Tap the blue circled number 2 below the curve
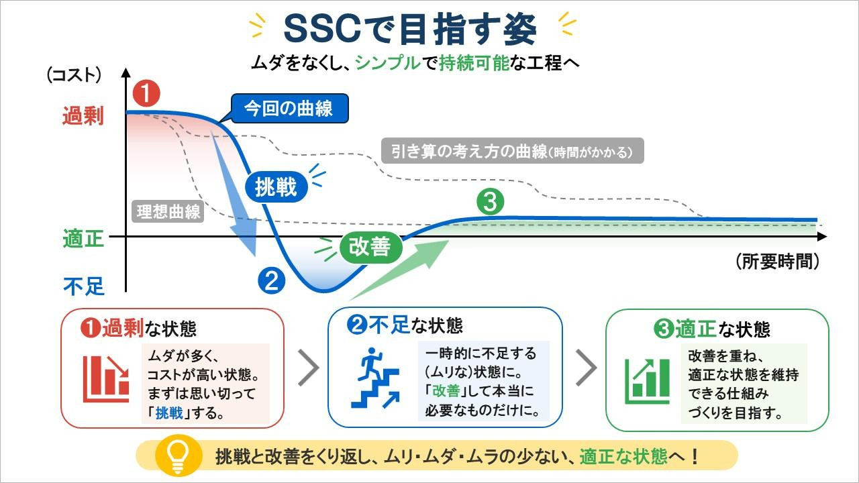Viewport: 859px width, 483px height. [272, 281]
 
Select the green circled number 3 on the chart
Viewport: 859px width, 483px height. [490, 202]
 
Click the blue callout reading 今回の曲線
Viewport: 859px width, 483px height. [289, 109]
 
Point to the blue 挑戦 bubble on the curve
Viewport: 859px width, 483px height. [276, 187]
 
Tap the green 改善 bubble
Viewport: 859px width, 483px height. [370, 247]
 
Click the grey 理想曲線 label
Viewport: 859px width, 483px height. [168, 211]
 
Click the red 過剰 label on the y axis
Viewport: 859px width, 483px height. [83, 115]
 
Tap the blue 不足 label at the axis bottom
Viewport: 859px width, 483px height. [84, 286]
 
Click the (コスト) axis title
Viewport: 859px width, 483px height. [74, 74]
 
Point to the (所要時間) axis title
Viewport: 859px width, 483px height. [778, 262]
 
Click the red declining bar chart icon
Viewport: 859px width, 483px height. [106, 379]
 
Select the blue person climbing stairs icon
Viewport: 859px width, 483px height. [376, 378]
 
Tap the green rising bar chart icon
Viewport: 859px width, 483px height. [648, 381]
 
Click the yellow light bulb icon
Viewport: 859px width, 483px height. [179, 456]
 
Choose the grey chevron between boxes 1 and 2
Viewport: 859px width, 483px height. [309, 368]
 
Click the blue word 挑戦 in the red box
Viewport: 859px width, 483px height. [169, 413]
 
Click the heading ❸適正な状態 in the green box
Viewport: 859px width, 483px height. [712, 329]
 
